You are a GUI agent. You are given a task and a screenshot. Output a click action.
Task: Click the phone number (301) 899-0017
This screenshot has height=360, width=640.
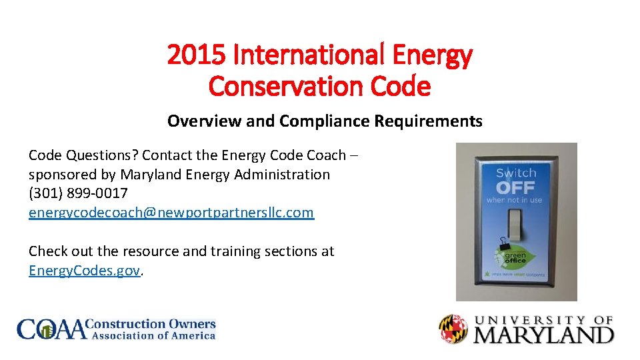78,193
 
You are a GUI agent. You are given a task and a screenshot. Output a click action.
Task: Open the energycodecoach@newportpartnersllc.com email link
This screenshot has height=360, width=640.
171,212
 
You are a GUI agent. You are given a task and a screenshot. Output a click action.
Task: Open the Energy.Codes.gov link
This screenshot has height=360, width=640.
85,271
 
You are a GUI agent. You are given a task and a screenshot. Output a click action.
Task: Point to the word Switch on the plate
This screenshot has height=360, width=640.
515,173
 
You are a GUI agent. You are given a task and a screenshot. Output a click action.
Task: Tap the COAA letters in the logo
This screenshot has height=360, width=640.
52,329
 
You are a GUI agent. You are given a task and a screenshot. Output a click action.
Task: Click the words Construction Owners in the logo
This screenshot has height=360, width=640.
152,324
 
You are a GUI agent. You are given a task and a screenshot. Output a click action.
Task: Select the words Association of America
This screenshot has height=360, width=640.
153,336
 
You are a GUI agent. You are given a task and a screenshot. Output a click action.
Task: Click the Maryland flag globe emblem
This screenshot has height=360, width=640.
453,329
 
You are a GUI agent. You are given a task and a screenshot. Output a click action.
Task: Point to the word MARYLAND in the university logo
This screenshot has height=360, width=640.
543,333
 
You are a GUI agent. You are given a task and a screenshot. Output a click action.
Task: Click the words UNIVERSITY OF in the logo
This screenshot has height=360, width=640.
543,320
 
